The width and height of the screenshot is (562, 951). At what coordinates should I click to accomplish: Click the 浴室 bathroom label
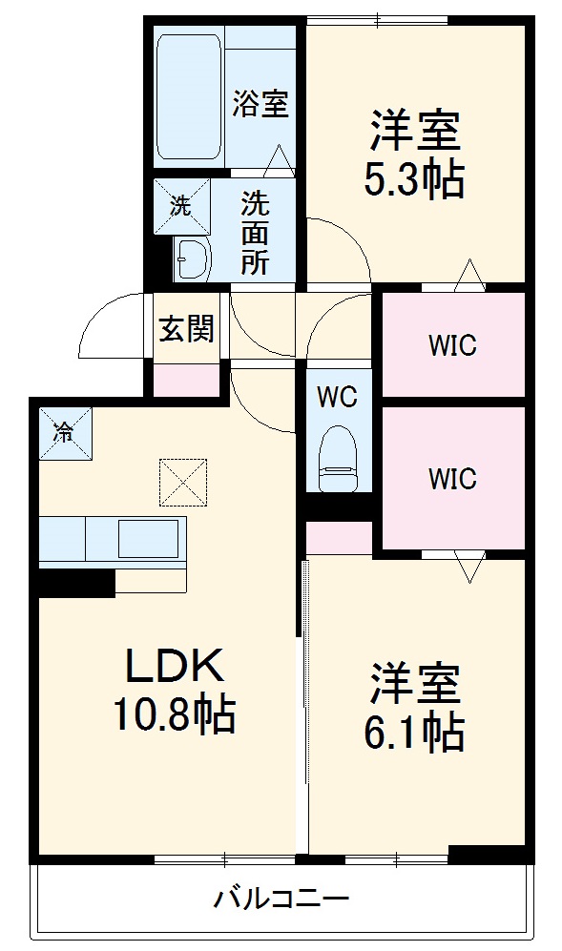click(x=260, y=103)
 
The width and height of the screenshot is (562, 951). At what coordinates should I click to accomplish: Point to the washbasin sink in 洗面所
click(x=193, y=258)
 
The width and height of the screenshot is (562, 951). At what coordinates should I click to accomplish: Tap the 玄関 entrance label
click(x=186, y=330)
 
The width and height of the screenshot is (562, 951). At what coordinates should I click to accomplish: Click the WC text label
click(x=336, y=395)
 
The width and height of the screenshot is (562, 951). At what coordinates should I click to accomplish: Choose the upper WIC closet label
click(x=451, y=344)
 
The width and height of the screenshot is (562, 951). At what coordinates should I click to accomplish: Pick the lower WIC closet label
click(x=451, y=478)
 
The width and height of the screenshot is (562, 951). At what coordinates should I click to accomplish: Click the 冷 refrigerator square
click(x=64, y=431)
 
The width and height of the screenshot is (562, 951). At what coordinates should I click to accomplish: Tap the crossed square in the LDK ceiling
click(x=183, y=483)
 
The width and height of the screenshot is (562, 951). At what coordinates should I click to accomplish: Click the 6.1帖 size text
click(x=414, y=733)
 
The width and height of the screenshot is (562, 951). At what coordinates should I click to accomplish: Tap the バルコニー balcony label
click(x=281, y=898)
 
